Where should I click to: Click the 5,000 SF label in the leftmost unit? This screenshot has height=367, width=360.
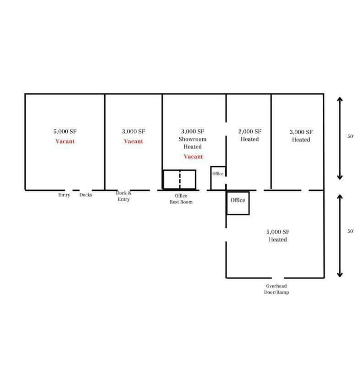(65, 132)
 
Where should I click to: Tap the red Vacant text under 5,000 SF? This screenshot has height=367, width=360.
(65, 141)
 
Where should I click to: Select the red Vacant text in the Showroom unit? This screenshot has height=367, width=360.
(193, 157)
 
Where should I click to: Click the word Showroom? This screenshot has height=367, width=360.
(192, 139)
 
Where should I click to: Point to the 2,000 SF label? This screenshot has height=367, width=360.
(249, 132)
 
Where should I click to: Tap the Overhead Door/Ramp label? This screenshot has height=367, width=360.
(276, 289)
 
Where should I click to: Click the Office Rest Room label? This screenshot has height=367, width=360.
(181, 199)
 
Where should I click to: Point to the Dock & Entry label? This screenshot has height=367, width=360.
(124, 196)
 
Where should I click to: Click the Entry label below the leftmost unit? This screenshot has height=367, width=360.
(64, 195)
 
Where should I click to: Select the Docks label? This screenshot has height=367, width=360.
(86, 195)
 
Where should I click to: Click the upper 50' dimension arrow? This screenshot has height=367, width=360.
(340, 138)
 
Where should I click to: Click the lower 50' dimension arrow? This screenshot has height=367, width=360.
(340, 235)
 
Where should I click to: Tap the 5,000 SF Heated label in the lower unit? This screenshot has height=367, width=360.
(278, 235)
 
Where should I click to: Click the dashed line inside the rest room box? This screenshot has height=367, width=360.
(180, 179)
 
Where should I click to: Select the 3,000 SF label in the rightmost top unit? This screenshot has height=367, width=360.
(301, 132)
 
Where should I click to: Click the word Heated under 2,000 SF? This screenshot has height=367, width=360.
(249, 140)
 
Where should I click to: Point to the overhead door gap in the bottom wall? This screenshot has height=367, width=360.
(278, 278)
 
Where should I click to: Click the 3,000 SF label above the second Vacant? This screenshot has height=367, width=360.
(133, 132)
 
